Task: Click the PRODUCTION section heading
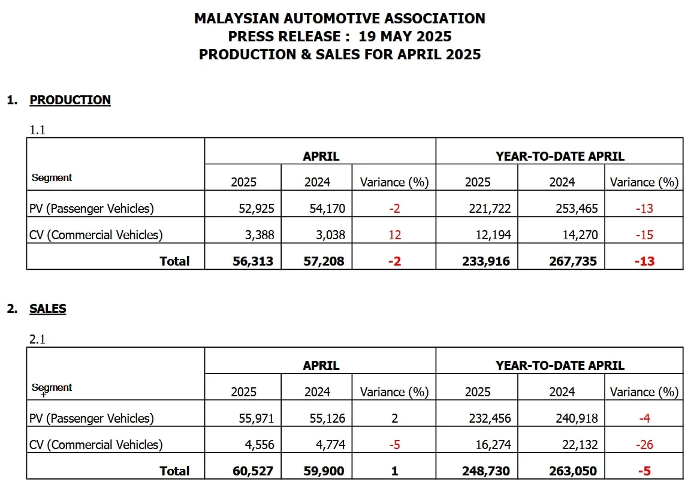(70, 100)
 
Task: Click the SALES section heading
(48, 309)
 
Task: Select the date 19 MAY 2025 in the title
(405, 36)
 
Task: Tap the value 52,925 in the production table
(256, 209)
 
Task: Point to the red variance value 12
(394, 235)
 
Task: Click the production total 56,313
(253, 261)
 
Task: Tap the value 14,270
(580, 235)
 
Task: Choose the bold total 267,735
(574, 261)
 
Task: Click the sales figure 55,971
(256, 418)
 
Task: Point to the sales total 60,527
(253, 471)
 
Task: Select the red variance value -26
(644, 445)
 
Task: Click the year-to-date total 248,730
(486, 471)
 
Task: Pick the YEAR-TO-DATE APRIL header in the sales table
(560, 366)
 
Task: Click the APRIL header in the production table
(321, 156)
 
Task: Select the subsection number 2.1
(38, 339)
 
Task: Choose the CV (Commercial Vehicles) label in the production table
(96, 235)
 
